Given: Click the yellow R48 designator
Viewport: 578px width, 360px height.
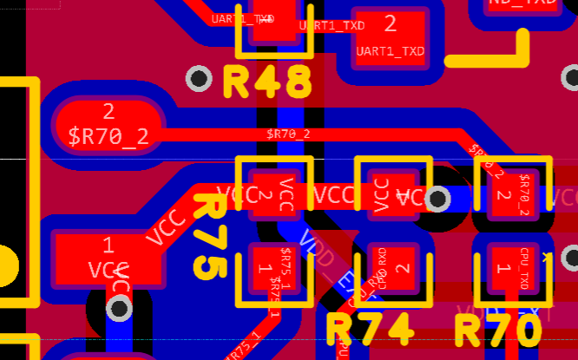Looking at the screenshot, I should pyautogui.click(x=267, y=82).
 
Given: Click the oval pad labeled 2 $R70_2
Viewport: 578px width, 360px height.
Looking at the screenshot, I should pyautogui.click(x=108, y=125).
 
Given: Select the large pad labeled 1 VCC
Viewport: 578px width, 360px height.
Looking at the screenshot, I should pyautogui.click(x=108, y=259).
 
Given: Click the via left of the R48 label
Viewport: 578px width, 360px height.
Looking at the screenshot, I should pyautogui.click(x=200, y=79).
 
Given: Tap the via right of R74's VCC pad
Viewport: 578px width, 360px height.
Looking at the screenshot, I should pyautogui.click(x=439, y=200).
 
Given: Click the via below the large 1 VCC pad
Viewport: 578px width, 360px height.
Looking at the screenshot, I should pyautogui.click(x=119, y=308).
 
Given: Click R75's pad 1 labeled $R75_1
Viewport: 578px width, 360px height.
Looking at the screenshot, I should pyautogui.click(x=273, y=272).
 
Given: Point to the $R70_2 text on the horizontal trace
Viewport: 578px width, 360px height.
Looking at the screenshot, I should pyautogui.click(x=289, y=134).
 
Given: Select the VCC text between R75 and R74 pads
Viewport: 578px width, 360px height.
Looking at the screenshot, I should pyautogui.click(x=333, y=194).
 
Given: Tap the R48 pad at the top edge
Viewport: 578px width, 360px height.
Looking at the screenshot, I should pyautogui.click(x=273, y=22).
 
